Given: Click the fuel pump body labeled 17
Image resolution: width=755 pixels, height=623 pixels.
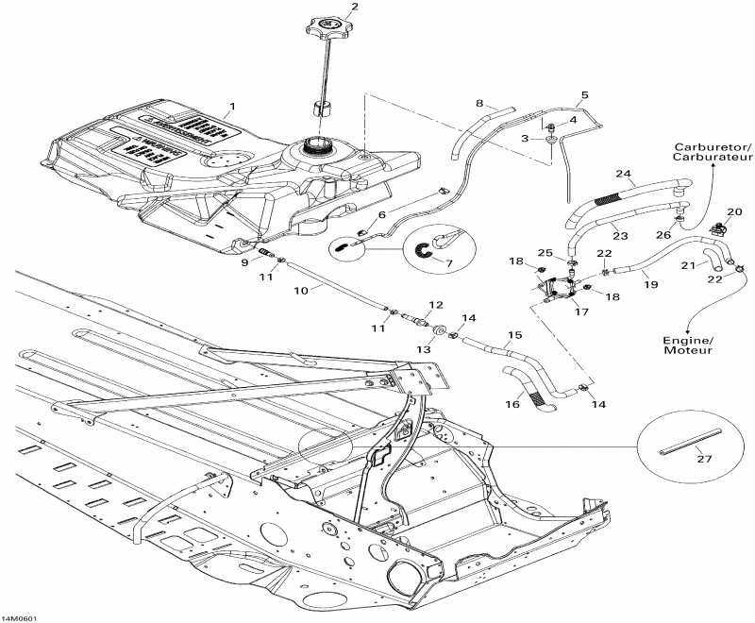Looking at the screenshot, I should coord(563,288).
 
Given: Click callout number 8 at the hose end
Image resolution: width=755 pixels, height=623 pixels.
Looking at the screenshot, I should coord(479,102).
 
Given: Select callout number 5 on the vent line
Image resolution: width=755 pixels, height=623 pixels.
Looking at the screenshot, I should coord(584,94).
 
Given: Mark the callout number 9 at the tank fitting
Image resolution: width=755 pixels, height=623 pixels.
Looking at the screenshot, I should coord(244,263).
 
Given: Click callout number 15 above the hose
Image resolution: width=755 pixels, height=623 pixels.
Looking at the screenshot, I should coord(514,334).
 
